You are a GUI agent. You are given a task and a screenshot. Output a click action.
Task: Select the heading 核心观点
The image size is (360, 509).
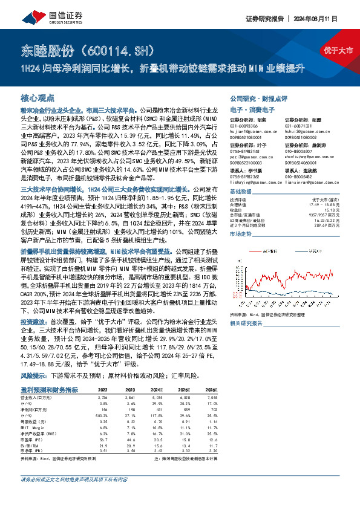(38, 97)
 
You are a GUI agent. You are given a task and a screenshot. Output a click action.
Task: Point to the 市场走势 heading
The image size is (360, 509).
(242, 233)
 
